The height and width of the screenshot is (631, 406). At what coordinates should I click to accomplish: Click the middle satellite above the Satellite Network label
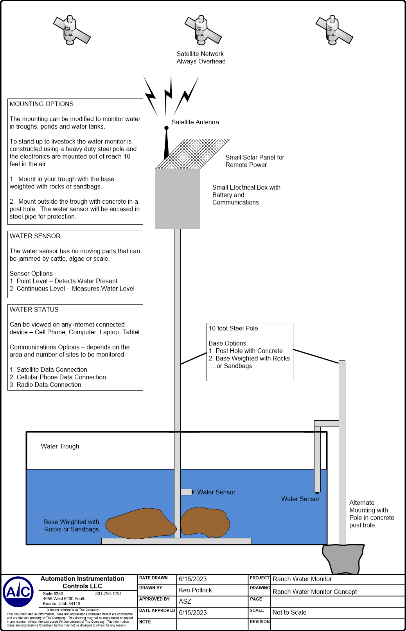203,30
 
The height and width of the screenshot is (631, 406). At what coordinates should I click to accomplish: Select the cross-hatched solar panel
193,154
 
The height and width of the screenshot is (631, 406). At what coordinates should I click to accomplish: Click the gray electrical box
178,199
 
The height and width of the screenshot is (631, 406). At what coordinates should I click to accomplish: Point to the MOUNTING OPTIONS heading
41,104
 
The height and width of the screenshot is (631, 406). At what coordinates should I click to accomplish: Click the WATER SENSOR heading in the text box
35,236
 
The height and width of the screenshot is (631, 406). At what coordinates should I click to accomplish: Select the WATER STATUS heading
34,310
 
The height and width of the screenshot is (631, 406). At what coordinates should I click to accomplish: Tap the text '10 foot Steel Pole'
233,328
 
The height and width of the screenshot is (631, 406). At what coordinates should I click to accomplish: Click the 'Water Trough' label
60,446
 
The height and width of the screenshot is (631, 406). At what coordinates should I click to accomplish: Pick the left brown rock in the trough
141,523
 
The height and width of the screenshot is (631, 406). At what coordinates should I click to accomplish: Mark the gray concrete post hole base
343,559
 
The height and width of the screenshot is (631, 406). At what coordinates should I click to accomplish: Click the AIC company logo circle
18,592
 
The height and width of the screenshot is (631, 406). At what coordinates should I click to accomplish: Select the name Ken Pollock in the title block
195,590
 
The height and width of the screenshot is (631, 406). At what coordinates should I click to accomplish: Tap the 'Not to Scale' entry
289,612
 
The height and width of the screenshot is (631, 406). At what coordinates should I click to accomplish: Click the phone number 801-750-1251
108,593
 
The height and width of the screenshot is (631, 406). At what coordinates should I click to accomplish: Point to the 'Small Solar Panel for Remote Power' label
255,161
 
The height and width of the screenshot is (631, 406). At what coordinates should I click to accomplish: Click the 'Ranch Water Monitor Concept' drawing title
315,592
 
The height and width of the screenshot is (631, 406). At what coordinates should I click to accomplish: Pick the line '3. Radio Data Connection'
45,385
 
